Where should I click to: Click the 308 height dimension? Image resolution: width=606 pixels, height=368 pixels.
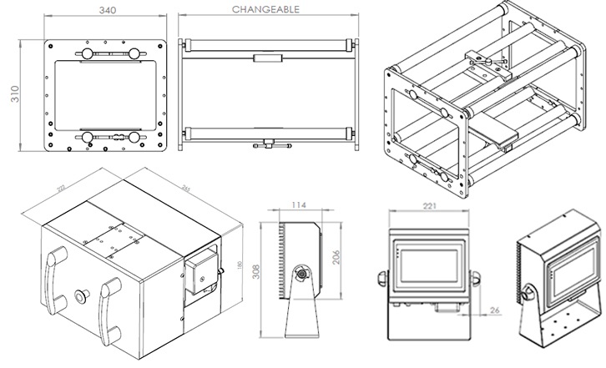click(x=263, y=283)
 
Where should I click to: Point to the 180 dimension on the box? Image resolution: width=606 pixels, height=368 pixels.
click(x=240, y=265)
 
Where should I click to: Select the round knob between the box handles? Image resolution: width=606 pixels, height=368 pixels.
click(x=82, y=295)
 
